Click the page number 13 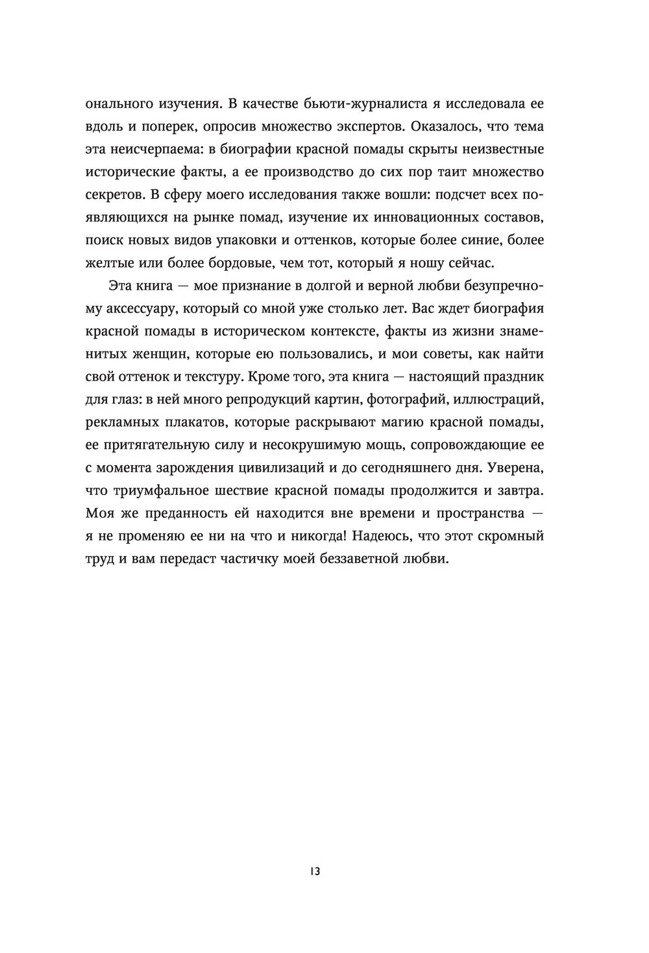(x=315, y=871)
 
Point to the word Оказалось (x=431, y=126)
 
